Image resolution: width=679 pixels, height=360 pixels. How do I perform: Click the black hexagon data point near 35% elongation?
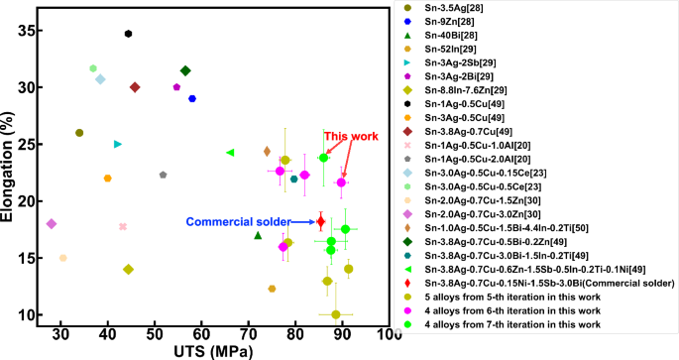128,34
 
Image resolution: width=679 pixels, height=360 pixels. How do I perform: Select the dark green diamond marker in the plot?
185,70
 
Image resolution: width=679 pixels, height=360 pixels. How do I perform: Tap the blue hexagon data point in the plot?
192,98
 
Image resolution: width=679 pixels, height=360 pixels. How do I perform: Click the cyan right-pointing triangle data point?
118,144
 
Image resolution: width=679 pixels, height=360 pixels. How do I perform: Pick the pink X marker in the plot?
123,226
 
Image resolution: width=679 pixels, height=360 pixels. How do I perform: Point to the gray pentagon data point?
164,175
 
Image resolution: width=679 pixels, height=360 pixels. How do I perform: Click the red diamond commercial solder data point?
320,221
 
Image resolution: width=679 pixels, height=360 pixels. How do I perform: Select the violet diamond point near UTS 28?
52,224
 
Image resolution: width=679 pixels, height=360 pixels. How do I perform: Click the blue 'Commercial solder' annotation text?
231,222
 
